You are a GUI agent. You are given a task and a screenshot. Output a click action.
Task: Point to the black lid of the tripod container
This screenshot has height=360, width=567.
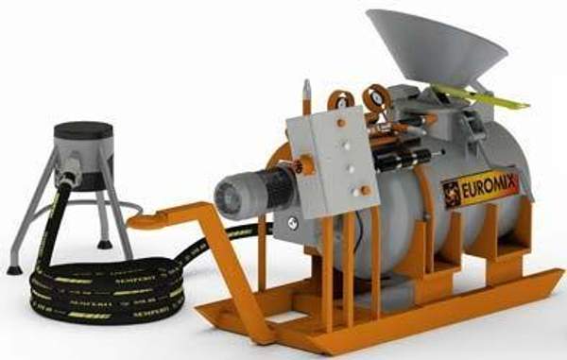(83, 130)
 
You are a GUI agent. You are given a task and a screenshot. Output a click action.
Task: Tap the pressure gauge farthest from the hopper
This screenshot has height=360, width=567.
(338, 97)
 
